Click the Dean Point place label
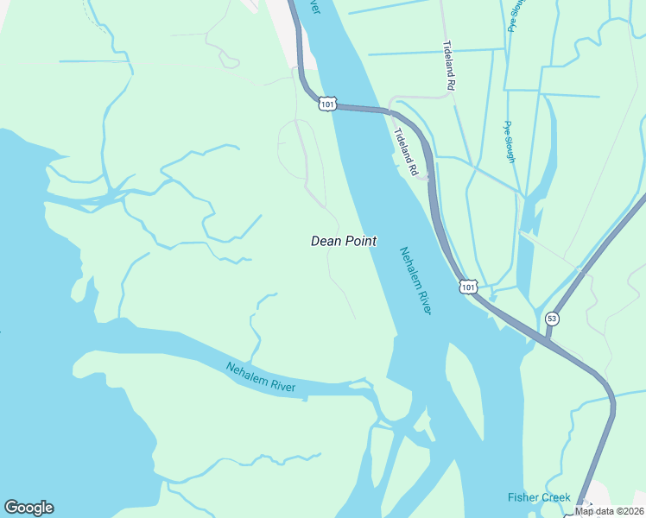click(343, 242)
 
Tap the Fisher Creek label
click(539, 497)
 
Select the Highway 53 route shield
click(552, 319)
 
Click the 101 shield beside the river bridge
click(326, 104)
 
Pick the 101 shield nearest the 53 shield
click(467, 286)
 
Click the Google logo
click(28, 508)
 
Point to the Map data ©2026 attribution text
click(609, 511)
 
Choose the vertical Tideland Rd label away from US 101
click(448, 66)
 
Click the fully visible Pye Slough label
click(510, 142)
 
